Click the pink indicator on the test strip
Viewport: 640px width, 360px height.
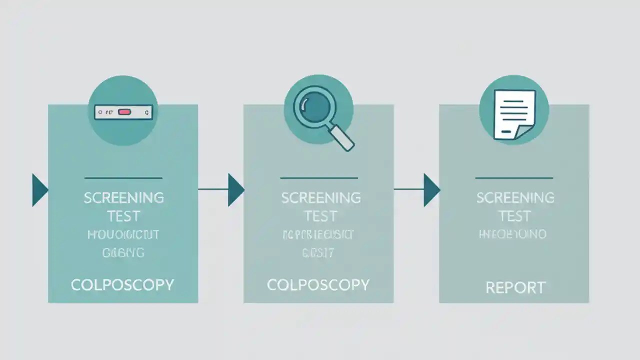[x=124, y=112]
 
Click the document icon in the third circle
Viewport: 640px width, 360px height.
[x=513, y=114]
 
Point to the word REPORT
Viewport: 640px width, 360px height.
[x=515, y=287]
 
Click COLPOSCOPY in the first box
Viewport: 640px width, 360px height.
[x=122, y=285]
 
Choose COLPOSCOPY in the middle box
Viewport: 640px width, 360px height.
[x=318, y=285]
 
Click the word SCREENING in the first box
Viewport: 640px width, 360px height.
[x=123, y=198]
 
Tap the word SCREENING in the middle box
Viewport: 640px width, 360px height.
[x=320, y=198]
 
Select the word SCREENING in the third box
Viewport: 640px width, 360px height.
[x=515, y=198]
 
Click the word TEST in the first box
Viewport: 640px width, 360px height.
[x=123, y=216]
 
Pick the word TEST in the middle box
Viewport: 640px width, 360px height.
[x=320, y=216]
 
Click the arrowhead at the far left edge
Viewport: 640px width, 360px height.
[x=39, y=190]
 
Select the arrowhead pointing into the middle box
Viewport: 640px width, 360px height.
[x=235, y=189]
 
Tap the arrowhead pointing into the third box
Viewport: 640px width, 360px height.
[x=430, y=189]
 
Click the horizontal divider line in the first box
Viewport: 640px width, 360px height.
[x=123, y=177]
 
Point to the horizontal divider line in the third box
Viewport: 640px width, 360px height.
[x=514, y=177]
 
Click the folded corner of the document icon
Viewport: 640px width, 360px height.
[x=522, y=133]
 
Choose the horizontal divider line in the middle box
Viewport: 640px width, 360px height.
[x=319, y=177]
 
